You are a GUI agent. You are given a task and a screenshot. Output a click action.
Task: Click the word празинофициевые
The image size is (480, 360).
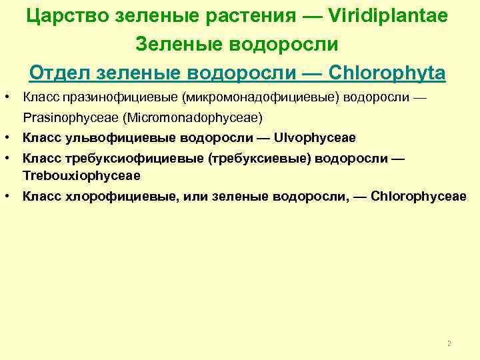[x=119, y=98]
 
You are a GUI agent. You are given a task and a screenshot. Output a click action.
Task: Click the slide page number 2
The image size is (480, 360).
[x=449, y=343]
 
